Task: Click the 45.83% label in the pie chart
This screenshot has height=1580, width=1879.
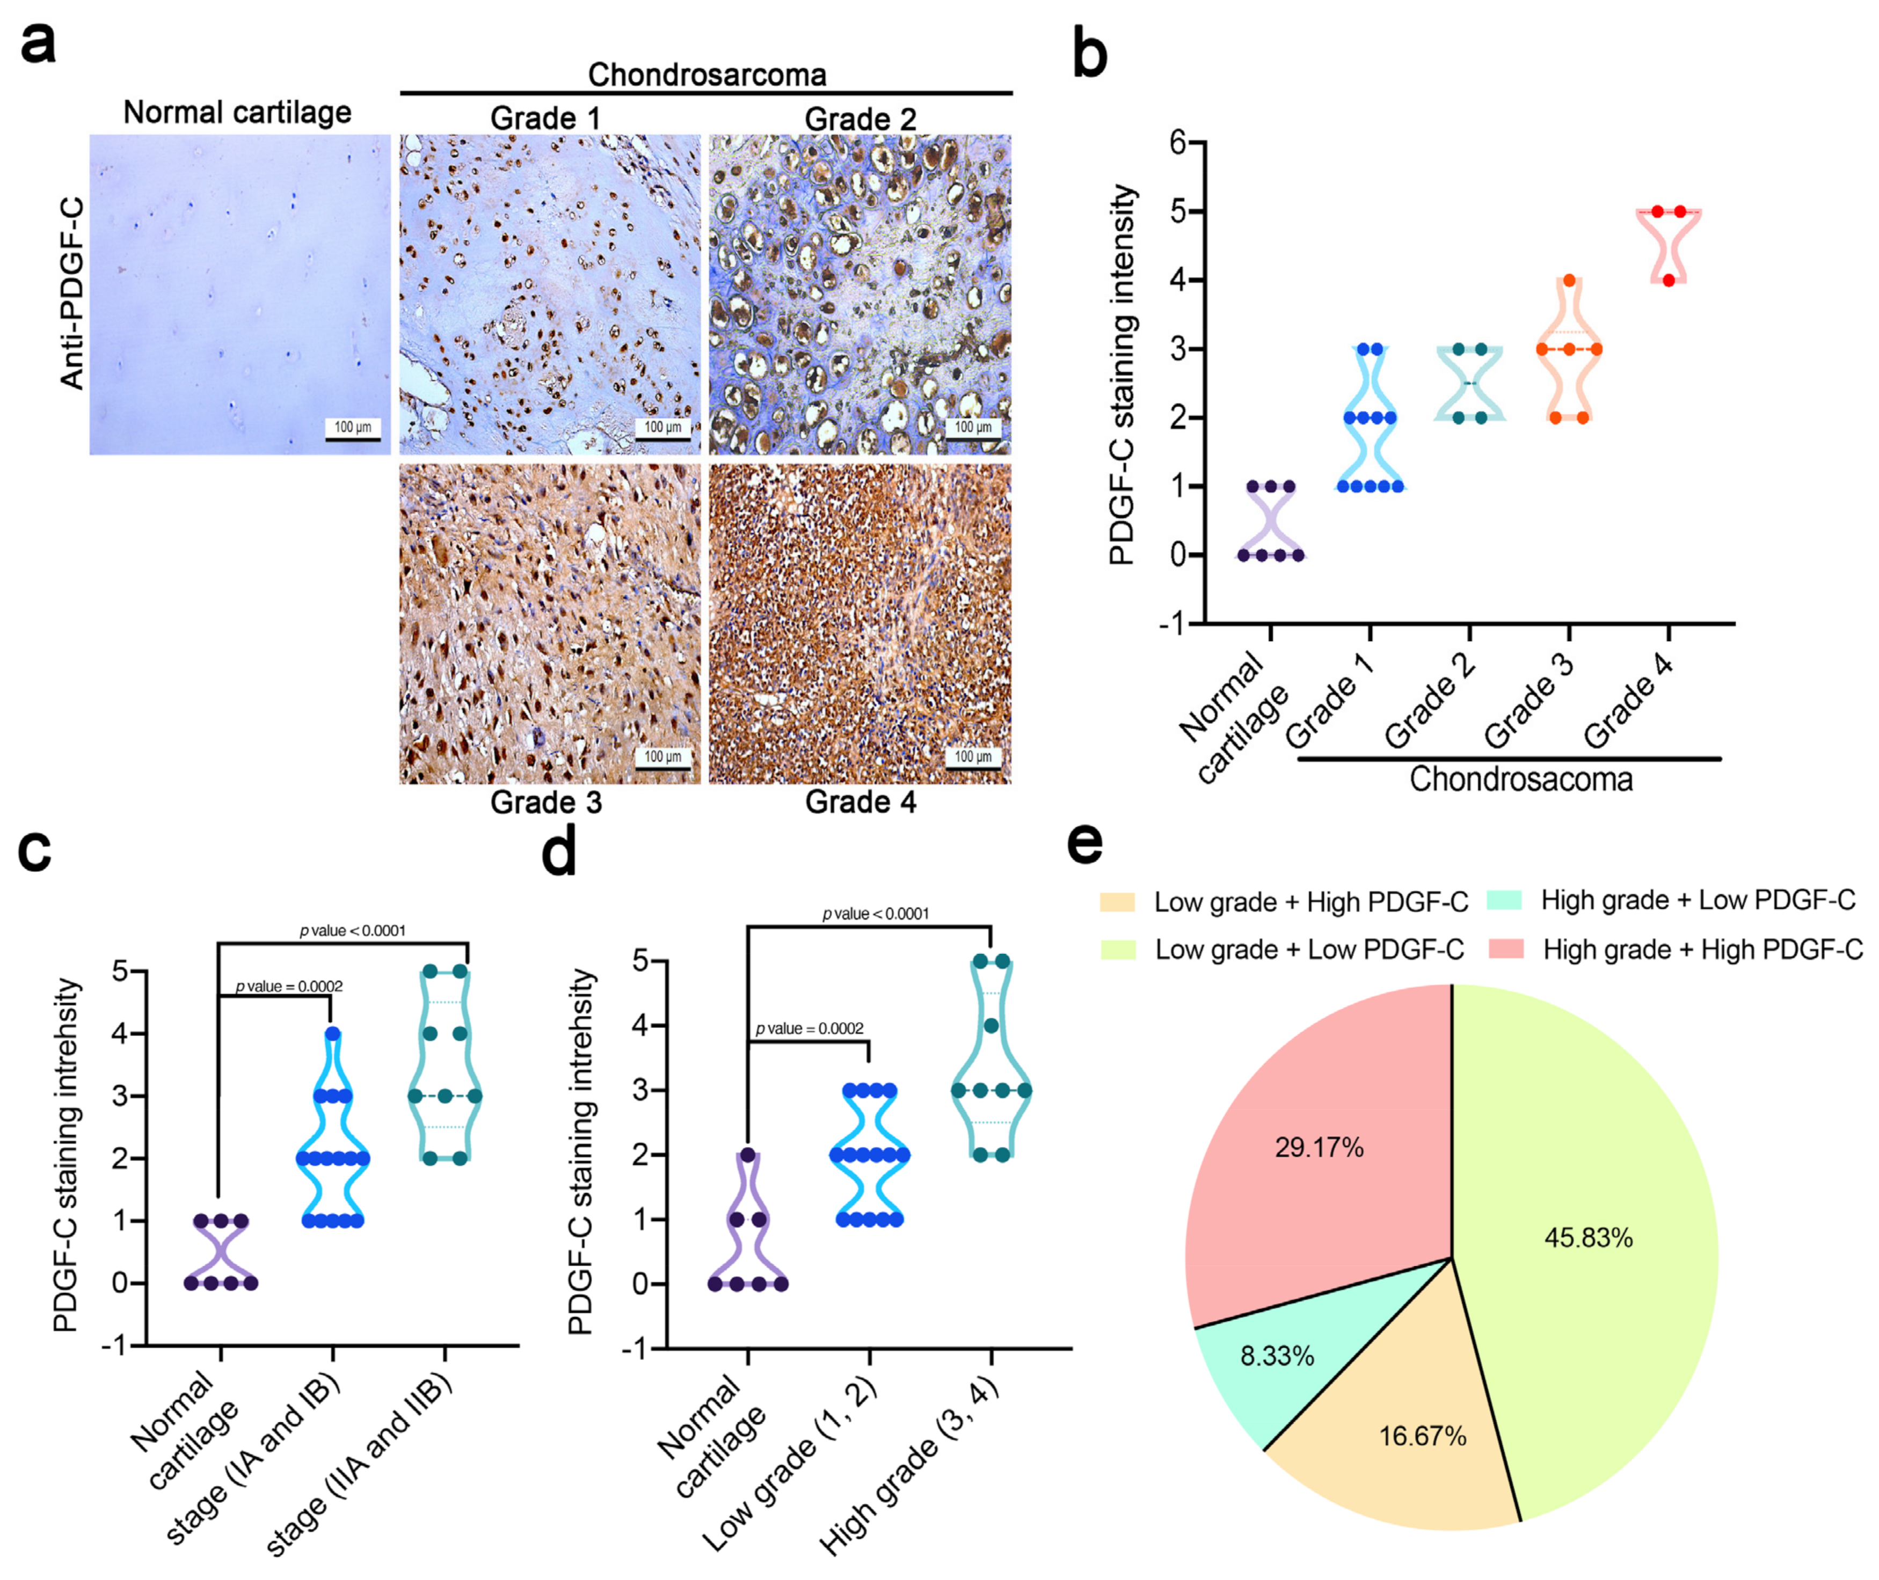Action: tap(1588, 1238)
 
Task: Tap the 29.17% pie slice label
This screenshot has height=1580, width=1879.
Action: tap(1319, 1148)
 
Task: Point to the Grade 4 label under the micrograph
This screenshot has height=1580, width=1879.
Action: tap(860, 803)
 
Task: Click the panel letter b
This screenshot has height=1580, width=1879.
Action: tap(1090, 54)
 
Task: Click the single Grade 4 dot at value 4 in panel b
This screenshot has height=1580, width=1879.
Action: tap(1669, 281)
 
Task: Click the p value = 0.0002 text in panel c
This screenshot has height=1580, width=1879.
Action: tap(288, 986)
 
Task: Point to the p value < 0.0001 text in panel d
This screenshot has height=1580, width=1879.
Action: tap(876, 914)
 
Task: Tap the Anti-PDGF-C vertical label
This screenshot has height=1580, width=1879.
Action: tap(72, 294)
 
